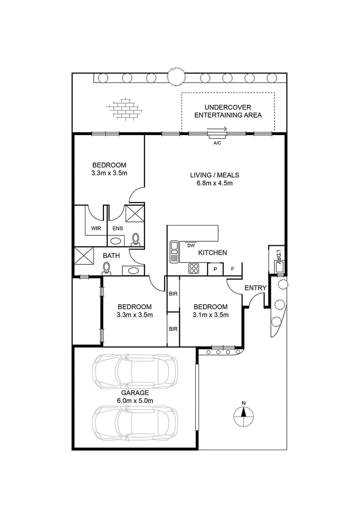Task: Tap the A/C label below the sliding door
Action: [x=217, y=143]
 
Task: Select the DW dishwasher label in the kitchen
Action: [x=191, y=246]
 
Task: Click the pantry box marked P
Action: [x=216, y=269]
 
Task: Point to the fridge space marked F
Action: [x=233, y=269]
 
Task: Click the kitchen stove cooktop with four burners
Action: [x=194, y=268]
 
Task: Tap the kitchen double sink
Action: [x=174, y=251]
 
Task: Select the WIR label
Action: [x=96, y=229]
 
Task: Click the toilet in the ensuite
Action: [x=135, y=239]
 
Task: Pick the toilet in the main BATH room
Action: [x=107, y=268]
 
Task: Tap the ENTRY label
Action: [x=256, y=288]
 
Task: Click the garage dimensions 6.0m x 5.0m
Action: [x=135, y=401]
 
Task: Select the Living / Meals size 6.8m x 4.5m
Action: [x=215, y=183]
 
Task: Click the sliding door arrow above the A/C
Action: [x=217, y=129]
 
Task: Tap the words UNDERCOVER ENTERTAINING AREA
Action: [x=228, y=111]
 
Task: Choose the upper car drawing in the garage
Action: [x=135, y=371]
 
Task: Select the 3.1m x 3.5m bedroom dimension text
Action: [x=211, y=315]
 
